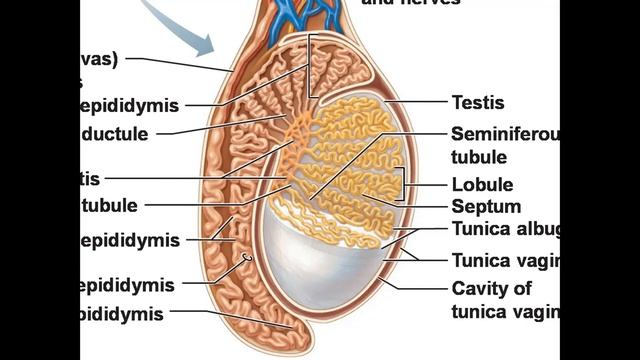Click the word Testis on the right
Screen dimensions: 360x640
click(x=477, y=102)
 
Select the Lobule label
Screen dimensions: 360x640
click(x=482, y=185)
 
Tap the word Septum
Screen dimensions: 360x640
click(x=486, y=207)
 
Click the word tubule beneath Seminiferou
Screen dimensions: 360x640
click(x=479, y=157)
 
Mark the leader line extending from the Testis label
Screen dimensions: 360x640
click(x=415, y=102)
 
